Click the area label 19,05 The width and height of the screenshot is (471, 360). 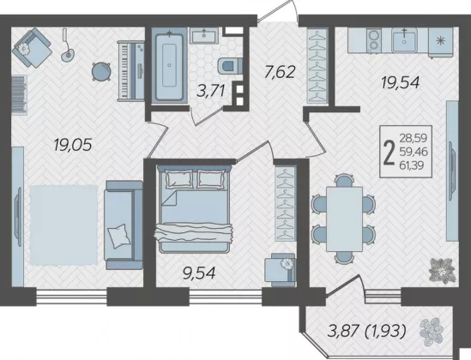click(x=72, y=146)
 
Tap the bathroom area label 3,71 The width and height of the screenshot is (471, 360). click(x=210, y=91)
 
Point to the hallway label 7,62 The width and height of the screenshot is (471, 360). click(x=280, y=72)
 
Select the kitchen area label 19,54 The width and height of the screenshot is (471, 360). click(x=400, y=82)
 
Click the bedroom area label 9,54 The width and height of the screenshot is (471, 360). click(x=199, y=273)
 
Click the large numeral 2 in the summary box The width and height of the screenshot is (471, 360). click(x=389, y=152)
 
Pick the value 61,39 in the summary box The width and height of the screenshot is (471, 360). click(x=412, y=165)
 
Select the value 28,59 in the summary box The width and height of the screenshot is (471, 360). click(x=413, y=138)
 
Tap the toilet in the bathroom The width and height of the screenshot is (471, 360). click(x=230, y=65)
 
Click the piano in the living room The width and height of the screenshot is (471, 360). click(x=131, y=71)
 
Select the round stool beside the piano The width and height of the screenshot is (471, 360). click(x=101, y=71)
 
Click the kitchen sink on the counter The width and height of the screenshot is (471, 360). click(x=404, y=40)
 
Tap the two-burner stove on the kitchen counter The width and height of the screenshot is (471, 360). click(x=374, y=40)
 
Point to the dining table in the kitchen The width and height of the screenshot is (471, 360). click(x=345, y=219)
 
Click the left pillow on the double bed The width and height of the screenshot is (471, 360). click(x=179, y=179)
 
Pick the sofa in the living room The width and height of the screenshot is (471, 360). click(x=124, y=225)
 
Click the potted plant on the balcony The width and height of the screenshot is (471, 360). click(x=431, y=331)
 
